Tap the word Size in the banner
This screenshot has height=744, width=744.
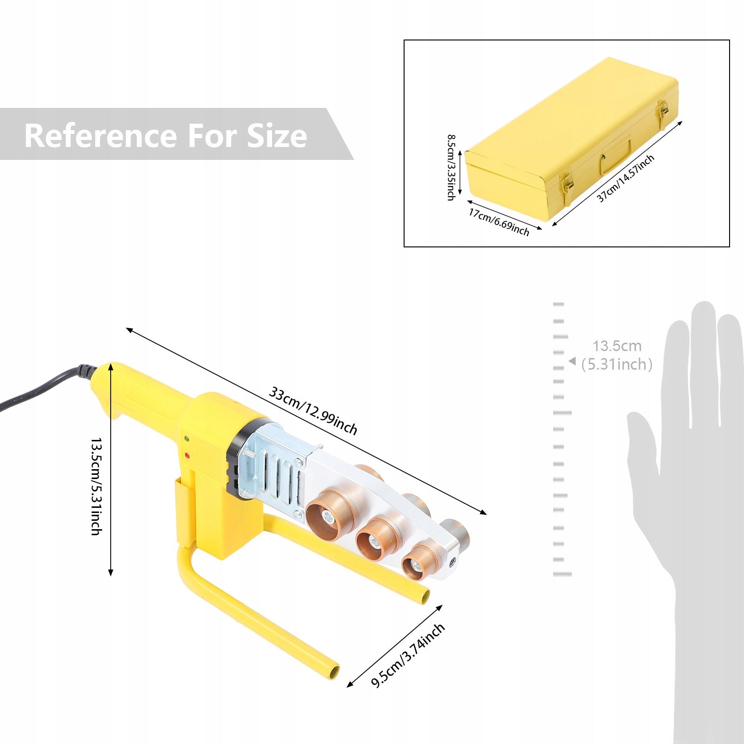pyautogui.click(x=277, y=136)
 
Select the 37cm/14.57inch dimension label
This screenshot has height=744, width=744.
pyautogui.click(x=625, y=179)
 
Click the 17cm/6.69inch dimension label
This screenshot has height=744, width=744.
pyautogui.click(x=499, y=222)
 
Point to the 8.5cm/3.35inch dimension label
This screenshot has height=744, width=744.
pyautogui.click(x=451, y=167)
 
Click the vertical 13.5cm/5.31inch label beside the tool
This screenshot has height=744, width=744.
pyautogui.click(x=96, y=486)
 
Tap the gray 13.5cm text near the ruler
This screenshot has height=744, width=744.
pyautogui.click(x=617, y=346)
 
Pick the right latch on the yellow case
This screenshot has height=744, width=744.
pyautogui.click(x=663, y=108)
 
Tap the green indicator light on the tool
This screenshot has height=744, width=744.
pyautogui.click(x=186, y=438)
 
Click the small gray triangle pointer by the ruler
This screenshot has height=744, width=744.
pyautogui.click(x=572, y=361)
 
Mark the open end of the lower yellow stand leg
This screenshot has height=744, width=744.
pyautogui.click(x=333, y=673)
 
